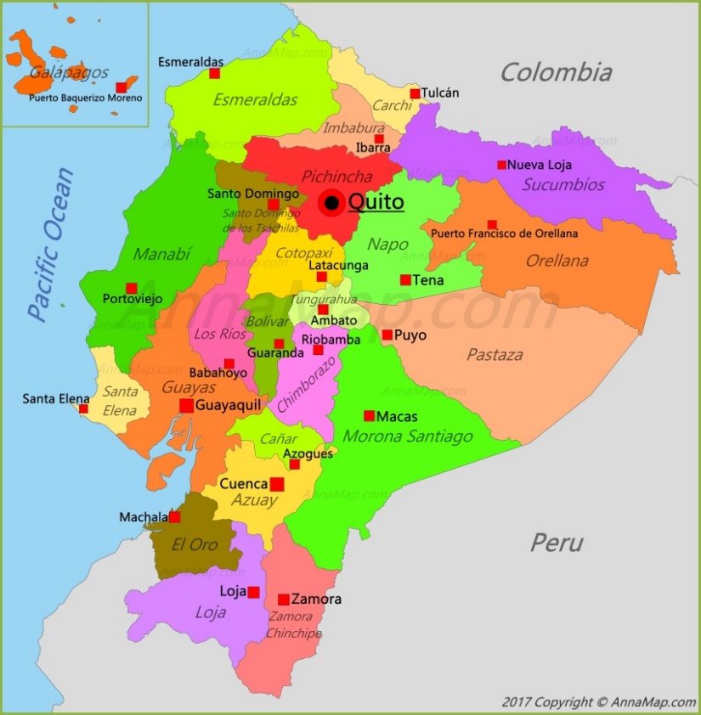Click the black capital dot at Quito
331,204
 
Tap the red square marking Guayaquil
186,406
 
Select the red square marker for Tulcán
415,93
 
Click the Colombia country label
556,72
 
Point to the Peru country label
557,542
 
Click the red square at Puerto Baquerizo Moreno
122,87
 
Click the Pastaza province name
495,355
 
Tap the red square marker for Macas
369,416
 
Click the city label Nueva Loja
539,165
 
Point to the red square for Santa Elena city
83,408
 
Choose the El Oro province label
195,544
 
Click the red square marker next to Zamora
284,600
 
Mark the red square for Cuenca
277,484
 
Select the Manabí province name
161,253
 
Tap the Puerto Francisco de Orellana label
504,234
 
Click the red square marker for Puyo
387,335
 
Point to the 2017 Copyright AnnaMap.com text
598,702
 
